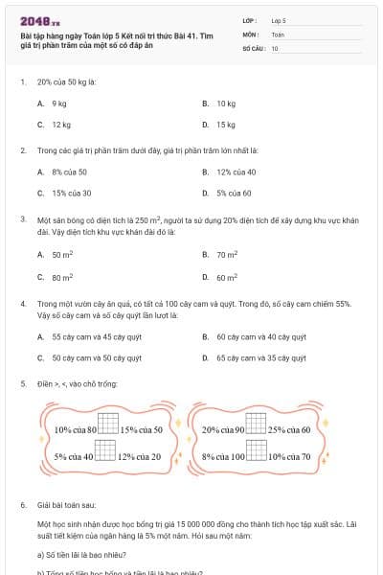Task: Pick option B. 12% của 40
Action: [236, 172]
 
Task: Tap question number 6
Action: [23, 504]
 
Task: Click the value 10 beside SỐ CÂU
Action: [275, 47]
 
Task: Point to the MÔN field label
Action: [251, 34]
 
